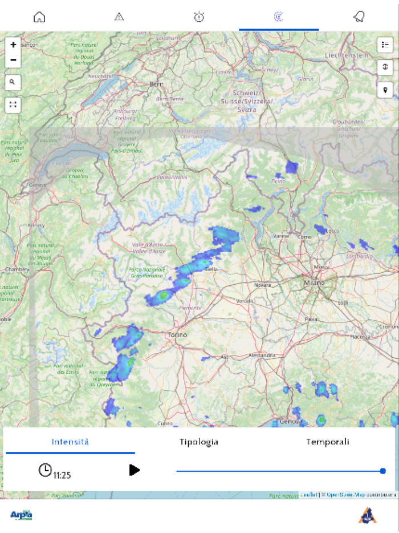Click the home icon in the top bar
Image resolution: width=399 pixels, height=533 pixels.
[39, 17]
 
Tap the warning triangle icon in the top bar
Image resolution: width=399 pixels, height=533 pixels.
[119, 17]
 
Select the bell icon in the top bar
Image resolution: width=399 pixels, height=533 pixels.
[359, 17]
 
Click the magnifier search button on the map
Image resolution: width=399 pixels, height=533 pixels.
[13, 83]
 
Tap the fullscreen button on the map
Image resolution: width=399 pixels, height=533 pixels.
[13, 104]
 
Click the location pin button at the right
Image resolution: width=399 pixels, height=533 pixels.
[385, 90]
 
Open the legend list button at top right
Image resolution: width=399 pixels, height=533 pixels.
[385, 45]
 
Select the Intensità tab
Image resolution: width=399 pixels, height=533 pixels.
[70, 442]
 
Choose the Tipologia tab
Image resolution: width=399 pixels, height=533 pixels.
[199, 442]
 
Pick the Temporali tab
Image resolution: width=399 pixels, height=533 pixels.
[327, 442]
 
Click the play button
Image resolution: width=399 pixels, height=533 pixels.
[135, 470]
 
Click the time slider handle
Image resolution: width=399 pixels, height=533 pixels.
[382, 471]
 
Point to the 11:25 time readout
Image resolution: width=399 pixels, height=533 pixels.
[62, 475]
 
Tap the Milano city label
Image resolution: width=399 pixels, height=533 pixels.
[313, 282]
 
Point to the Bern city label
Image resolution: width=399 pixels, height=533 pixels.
[156, 84]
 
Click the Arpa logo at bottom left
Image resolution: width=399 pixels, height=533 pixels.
[21, 515]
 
